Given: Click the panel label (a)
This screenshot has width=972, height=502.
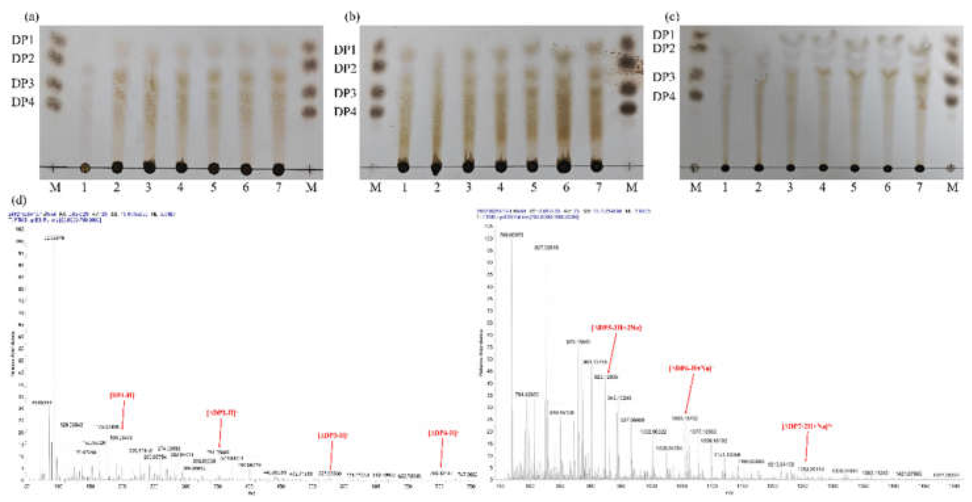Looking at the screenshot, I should (32, 17).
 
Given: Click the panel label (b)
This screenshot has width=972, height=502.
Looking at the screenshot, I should (352, 17).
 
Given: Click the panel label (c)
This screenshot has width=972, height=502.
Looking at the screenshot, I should (672, 17).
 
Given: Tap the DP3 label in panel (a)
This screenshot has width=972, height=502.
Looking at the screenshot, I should (23, 83).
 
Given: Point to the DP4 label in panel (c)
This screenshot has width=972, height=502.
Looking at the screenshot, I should (663, 97).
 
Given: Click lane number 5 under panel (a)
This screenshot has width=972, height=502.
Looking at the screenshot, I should (214, 187).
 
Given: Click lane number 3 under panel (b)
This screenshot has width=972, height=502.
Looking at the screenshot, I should (468, 187).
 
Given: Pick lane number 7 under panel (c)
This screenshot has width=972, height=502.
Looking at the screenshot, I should (919, 187).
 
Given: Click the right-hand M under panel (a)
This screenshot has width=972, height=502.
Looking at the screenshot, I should (311, 187).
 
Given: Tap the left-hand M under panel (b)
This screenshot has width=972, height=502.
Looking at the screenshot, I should (375, 187).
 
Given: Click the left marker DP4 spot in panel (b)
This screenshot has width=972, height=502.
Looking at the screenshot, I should (377, 112).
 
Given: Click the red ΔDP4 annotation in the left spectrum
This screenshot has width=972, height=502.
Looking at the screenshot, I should (443, 433).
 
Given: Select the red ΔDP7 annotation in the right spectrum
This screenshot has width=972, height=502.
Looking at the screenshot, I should (807, 426).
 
